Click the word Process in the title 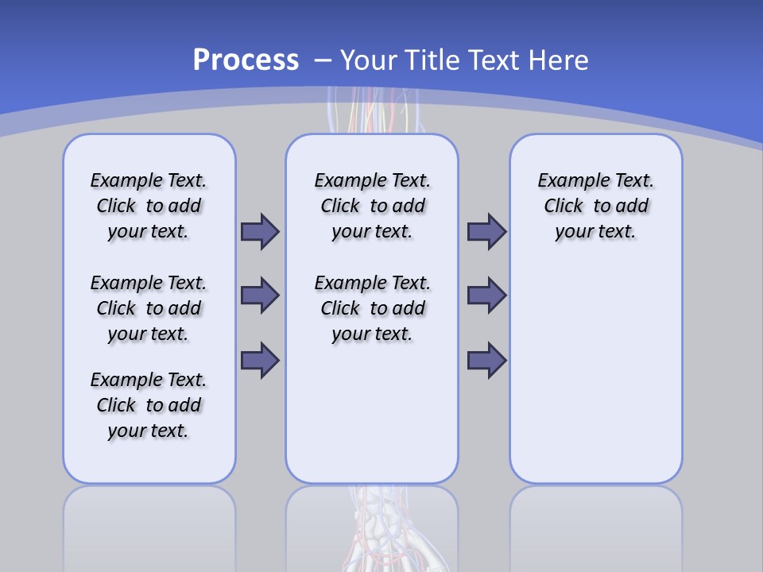[x=246, y=60]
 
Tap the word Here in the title [x=556, y=60]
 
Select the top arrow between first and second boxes [x=260, y=231]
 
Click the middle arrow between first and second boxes [x=260, y=296]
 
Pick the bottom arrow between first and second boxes [x=260, y=360]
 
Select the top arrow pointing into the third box [x=486, y=231]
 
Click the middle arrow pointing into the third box [x=486, y=296]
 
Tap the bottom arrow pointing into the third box [x=486, y=360]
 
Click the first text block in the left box [x=149, y=206]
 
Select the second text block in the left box [x=149, y=308]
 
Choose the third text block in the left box [x=149, y=405]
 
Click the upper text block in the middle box [x=372, y=206]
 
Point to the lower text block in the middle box [x=372, y=308]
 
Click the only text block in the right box [x=595, y=206]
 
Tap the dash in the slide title [x=323, y=60]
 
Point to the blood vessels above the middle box [x=372, y=111]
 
